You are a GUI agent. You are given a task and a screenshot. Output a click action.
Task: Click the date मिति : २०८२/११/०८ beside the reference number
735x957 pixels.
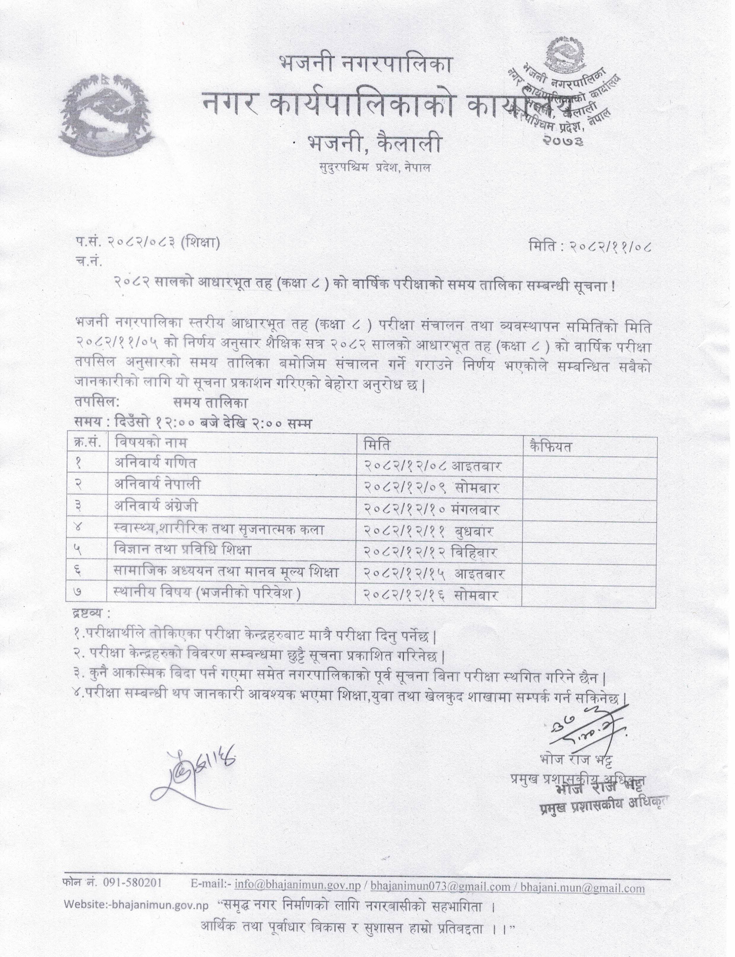click(x=591, y=247)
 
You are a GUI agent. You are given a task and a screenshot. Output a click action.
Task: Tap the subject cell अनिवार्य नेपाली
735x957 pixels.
click(x=157, y=485)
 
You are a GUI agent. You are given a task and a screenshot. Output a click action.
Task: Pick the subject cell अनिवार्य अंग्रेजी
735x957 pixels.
click(x=156, y=506)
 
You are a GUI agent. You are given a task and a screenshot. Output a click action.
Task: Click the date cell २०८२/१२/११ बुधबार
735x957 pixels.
click(x=429, y=531)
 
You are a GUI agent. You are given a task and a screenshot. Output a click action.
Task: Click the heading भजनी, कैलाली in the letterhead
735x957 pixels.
click(x=374, y=143)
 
